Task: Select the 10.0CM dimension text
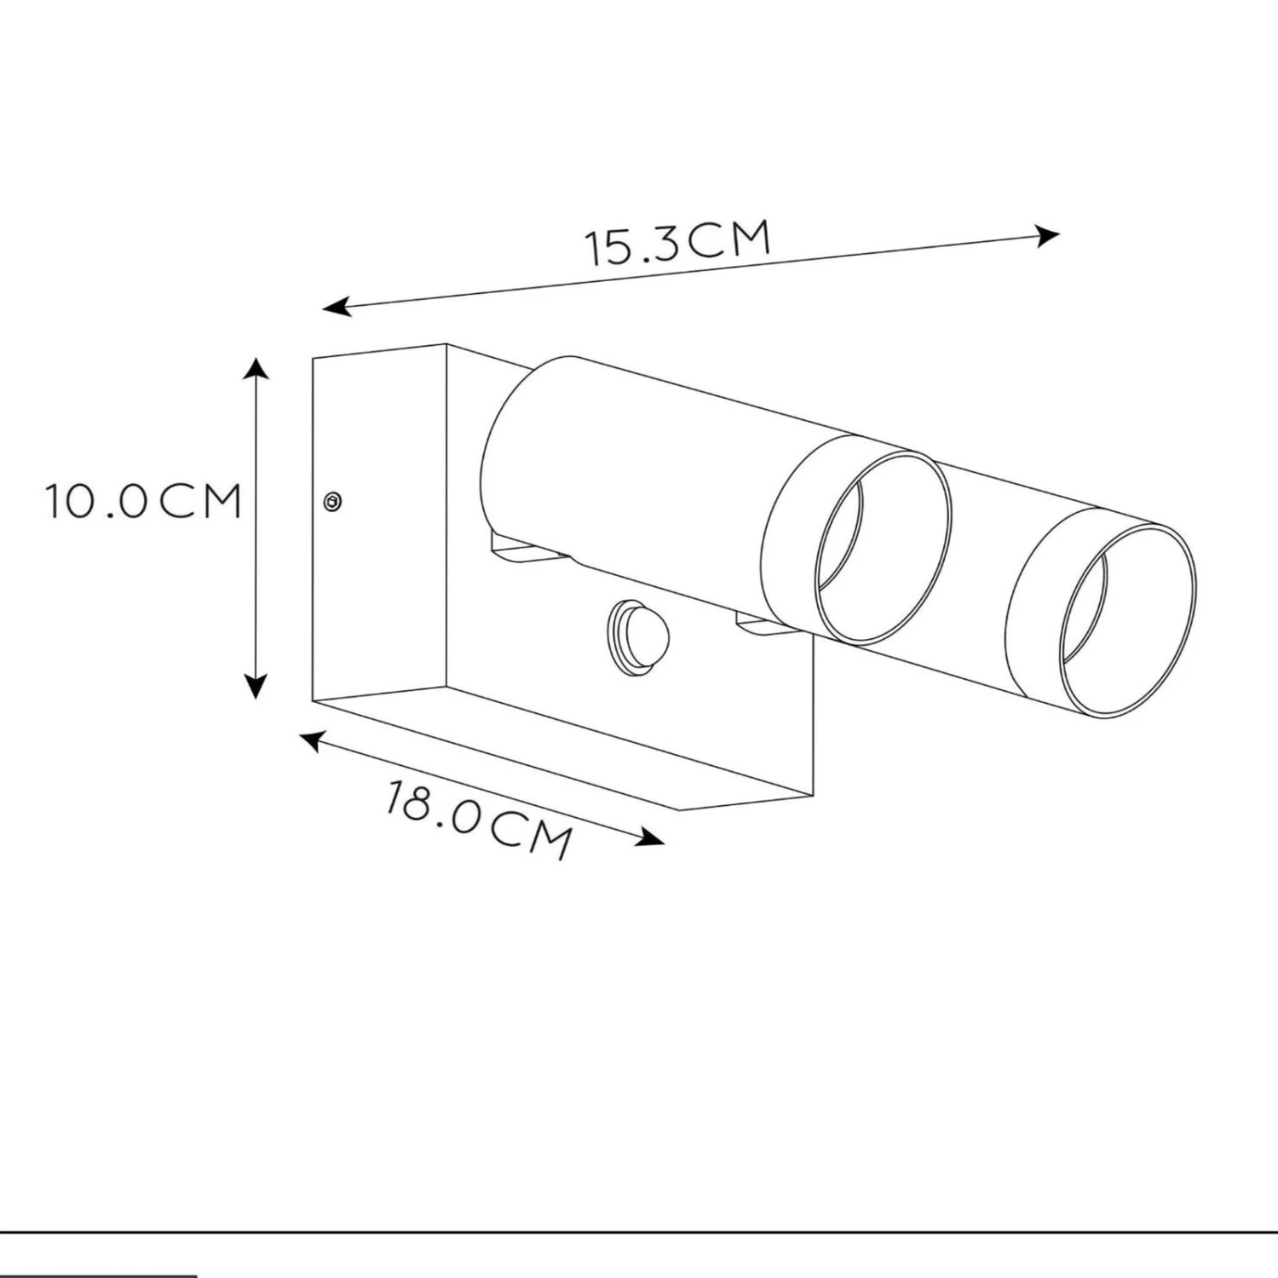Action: pos(143,501)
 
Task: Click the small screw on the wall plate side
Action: pos(333,502)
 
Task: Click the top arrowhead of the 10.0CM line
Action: pos(256,367)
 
